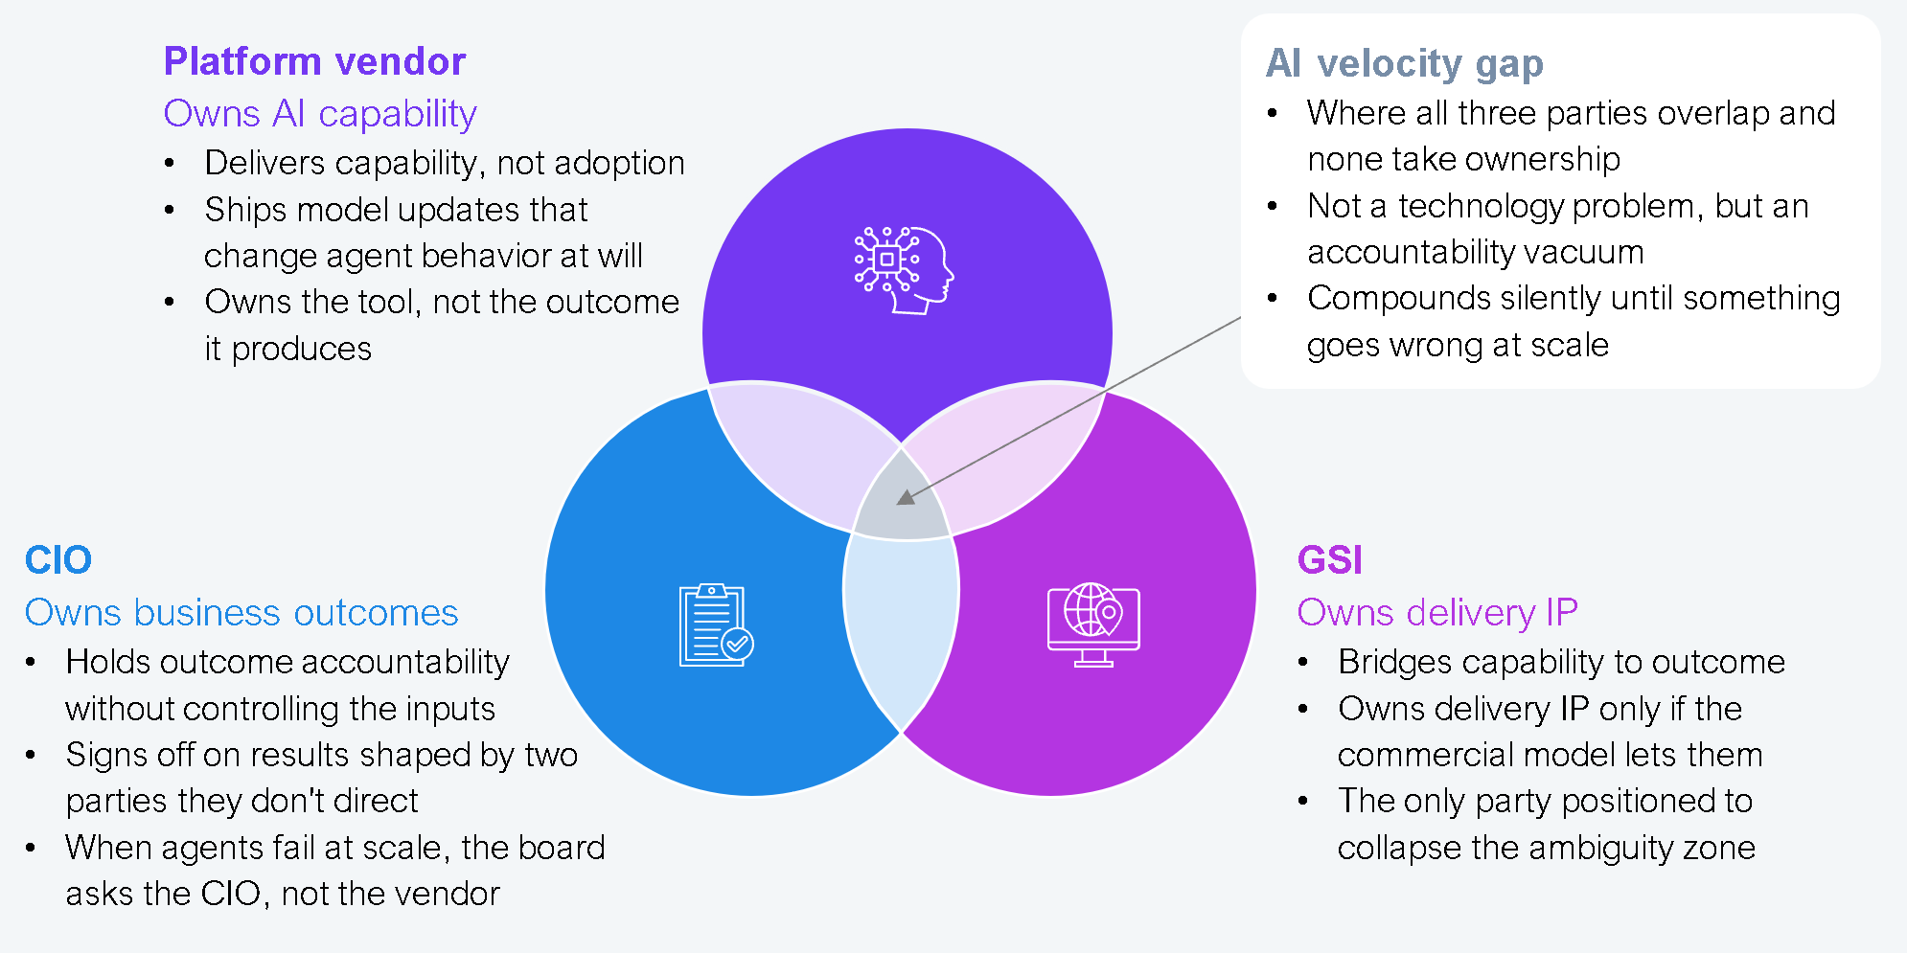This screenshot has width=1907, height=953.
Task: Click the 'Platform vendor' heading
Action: tap(314, 61)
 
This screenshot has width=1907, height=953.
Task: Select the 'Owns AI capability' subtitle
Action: tap(320, 113)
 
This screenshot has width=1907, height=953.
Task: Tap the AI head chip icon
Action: tap(905, 270)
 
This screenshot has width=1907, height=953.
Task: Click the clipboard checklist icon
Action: tap(715, 624)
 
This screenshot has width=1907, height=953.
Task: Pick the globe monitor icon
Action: tap(1093, 624)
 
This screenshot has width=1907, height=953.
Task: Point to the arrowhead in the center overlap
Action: tap(906, 497)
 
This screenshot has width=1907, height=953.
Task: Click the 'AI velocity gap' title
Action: tap(1404, 63)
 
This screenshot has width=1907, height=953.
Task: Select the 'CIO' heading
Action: tap(57, 560)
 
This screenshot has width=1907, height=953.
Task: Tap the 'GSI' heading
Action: tap(1329, 560)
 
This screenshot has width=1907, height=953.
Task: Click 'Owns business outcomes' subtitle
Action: tap(241, 613)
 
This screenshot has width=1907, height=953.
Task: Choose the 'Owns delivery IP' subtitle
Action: tap(1436, 613)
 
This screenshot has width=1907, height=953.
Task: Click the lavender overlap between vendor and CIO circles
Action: tap(795, 450)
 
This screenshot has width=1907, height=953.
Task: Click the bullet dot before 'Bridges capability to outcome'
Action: tap(1303, 663)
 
